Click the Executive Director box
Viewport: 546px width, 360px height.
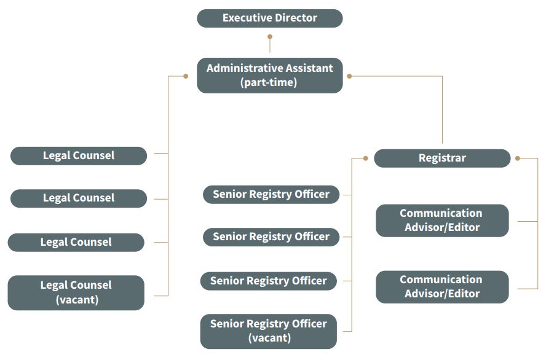pyautogui.click(x=269, y=18)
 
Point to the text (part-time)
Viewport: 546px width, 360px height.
pyautogui.click(x=269, y=82)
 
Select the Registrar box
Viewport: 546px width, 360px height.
pyautogui.click(x=442, y=158)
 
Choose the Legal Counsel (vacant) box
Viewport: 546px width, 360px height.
pyautogui.click(x=76, y=292)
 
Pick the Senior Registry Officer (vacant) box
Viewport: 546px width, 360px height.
pyautogui.click(x=269, y=331)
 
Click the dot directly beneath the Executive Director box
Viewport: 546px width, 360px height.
pyautogui.click(x=269, y=37)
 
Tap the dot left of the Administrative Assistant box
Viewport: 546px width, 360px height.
pyautogui.click(x=186, y=76)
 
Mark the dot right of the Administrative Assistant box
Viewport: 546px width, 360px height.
pyautogui.click(x=349, y=76)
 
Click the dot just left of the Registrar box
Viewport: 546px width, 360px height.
pyautogui.click(x=365, y=158)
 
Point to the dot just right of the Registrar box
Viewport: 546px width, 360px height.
pyautogui.click(x=518, y=158)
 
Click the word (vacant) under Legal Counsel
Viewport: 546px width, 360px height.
pyautogui.click(x=76, y=300)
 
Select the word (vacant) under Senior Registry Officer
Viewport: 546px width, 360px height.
pyautogui.click(x=269, y=338)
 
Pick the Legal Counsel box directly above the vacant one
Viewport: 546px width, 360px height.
pyautogui.click(x=76, y=242)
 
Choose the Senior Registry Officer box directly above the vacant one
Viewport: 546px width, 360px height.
pyautogui.click(x=269, y=281)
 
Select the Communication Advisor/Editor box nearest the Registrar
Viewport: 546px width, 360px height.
pyautogui.click(x=442, y=220)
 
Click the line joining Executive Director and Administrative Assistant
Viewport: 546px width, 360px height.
pyautogui.click(x=269, y=47)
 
